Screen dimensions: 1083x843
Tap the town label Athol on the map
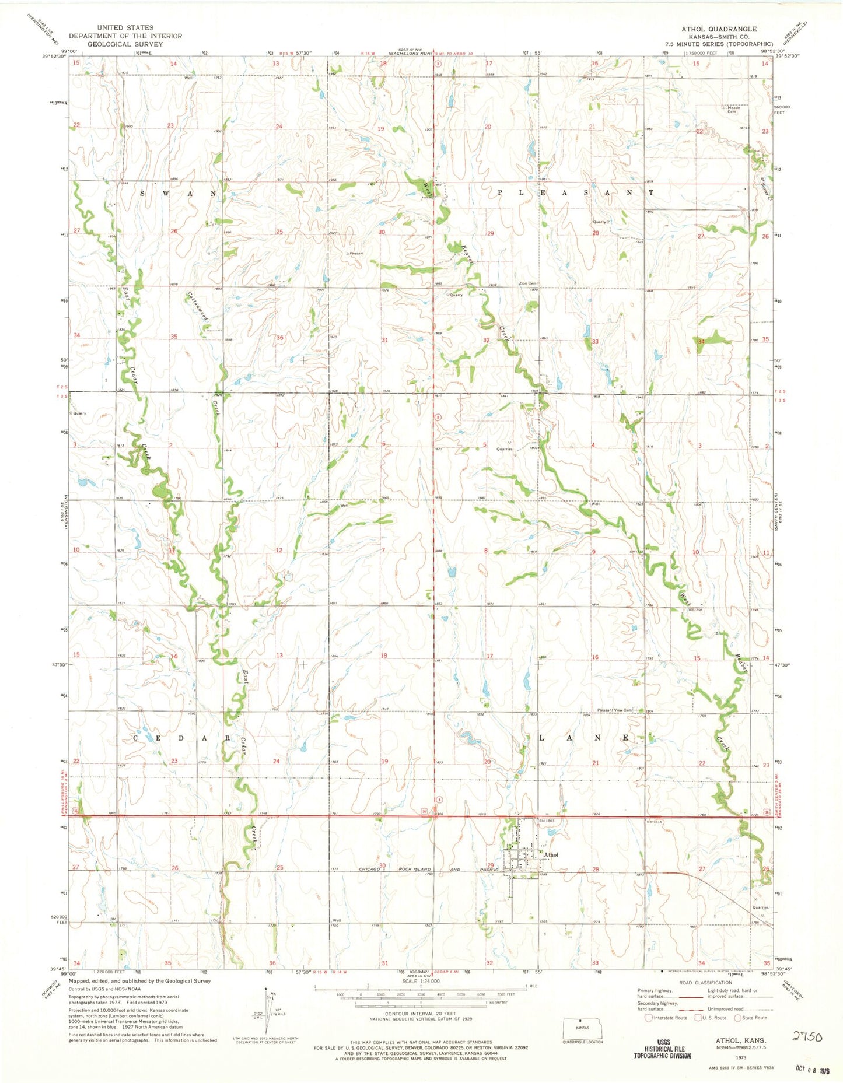pyautogui.click(x=551, y=855)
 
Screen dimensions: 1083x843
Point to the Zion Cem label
pyautogui.click(x=527, y=284)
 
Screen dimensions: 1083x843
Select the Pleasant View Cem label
pyautogui.click(x=614, y=710)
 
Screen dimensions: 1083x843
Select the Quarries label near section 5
pyautogui.click(x=505, y=449)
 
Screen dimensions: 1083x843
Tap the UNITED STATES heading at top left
pyautogui.click(x=125, y=27)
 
